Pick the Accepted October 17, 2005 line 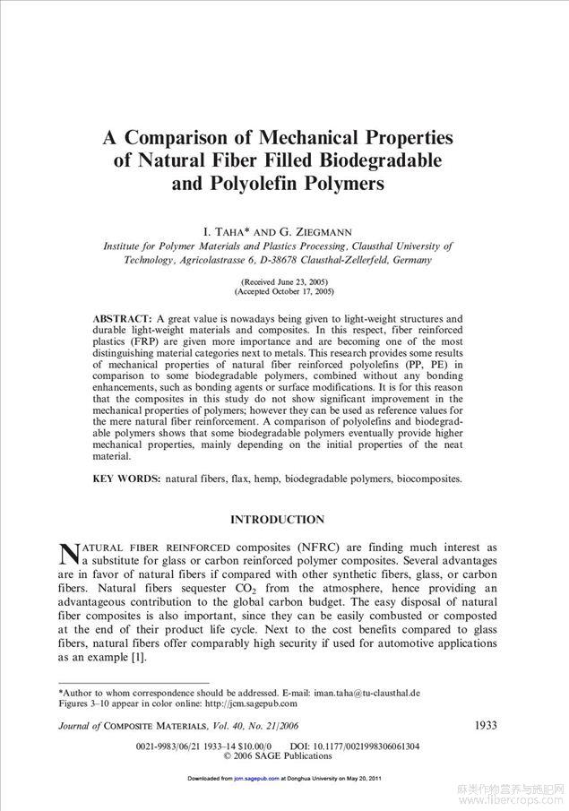[284, 292]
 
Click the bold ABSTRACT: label [123, 319]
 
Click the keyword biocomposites [429, 479]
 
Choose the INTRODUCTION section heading [278, 520]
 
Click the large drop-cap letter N [70, 554]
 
